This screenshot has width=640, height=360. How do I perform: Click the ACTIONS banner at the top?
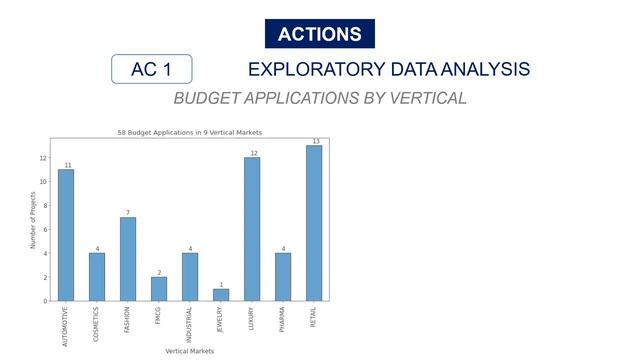click(x=320, y=34)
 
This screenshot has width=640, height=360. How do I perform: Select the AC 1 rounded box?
click(x=151, y=69)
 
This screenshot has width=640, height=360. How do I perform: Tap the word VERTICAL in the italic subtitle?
click(x=424, y=98)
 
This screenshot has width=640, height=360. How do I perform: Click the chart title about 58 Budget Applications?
click(x=189, y=132)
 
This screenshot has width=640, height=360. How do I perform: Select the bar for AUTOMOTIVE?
click(x=66, y=235)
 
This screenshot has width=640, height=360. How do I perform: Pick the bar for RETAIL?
click(x=314, y=223)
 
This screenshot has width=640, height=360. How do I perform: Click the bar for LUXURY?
click(x=252, y=229)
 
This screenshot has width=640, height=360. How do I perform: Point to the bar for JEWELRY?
click(x=221, y=295)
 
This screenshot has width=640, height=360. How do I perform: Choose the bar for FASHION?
click(x=128, y=259)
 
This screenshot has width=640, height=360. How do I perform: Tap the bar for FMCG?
click(x=159, y=289)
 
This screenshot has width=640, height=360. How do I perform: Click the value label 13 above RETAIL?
click(x=315, y=141)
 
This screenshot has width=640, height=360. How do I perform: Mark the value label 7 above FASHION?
click(x=128, y=212)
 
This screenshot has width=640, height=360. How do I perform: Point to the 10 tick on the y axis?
click(x=43, y=181)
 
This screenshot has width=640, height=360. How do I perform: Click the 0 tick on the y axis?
click(x=45, y=301)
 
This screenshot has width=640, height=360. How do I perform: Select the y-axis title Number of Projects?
click(x=32, y=220)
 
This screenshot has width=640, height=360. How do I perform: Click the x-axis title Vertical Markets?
click(x=189, y=351)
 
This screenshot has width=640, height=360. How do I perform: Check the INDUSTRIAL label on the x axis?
click(x=191, y=324)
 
